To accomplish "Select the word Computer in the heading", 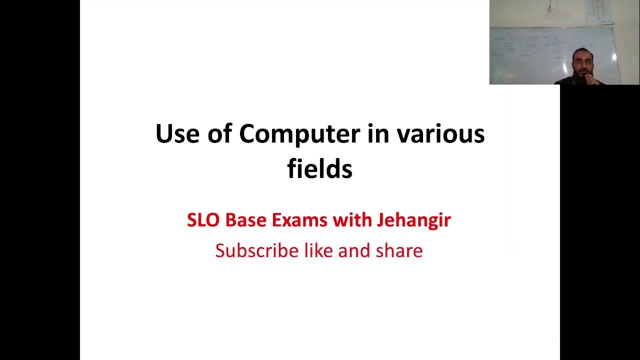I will click(x=299, y=134).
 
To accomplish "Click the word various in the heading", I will click(x=440, y=134).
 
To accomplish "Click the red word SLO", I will click(x=203, y=220).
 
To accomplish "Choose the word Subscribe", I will click(x=257, y=250).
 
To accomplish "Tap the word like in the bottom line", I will click(x=319, y=250).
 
